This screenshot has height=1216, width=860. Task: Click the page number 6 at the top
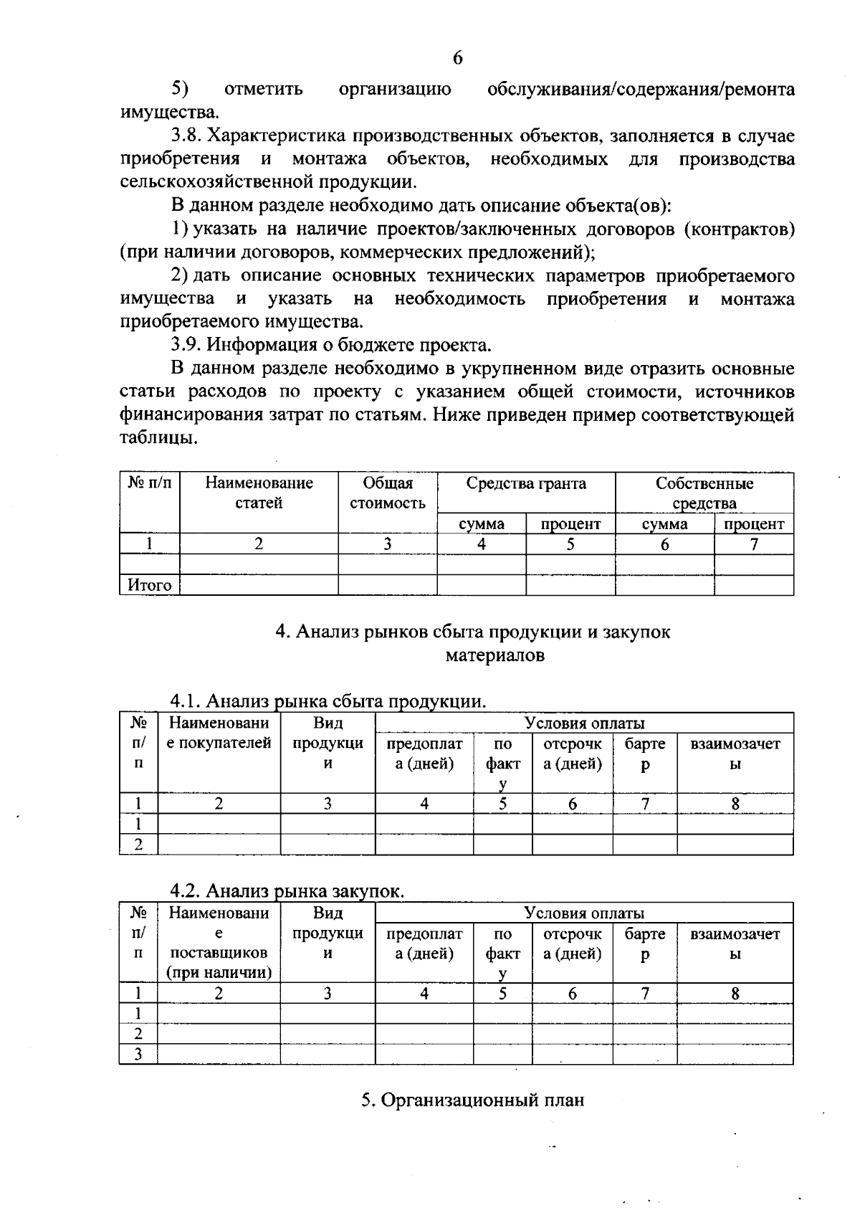click(x=457, y=58)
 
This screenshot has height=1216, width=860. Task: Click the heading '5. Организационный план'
click(x=472, y=1100)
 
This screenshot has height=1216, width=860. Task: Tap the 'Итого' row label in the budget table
click(x=149, y=585)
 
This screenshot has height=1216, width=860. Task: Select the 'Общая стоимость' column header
click(x=387, y=493)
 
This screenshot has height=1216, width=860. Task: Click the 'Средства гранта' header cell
click(x=526, y=484)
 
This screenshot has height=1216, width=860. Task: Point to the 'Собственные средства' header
click(x=704, y=493)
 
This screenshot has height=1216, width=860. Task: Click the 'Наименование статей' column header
click(x=259, y=493)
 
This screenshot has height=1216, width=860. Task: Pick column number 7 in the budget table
click(x=753, y=544)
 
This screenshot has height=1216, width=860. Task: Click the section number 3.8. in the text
click(x=186, y=136)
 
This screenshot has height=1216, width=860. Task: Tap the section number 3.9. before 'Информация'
click(x=186, y=345)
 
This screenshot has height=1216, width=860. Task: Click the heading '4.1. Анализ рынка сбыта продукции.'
click(x=328, y=700)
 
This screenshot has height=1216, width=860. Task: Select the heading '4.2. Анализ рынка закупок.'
click(x=287, y=891)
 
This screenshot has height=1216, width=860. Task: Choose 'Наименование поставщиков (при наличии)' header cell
click(x=219, y=943)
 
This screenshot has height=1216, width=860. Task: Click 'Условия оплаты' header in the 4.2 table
click(x=583, y=913)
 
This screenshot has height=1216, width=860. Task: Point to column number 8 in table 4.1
click(x=735, y=804)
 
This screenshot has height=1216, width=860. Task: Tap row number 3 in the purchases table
click(x=138, y=1054)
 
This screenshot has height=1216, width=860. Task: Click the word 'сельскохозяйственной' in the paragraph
click(x=208, y=182)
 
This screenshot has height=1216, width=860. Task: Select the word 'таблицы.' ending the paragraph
click(x=158, y=437)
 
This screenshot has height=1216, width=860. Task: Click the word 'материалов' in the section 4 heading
click(x=494, y=655)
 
